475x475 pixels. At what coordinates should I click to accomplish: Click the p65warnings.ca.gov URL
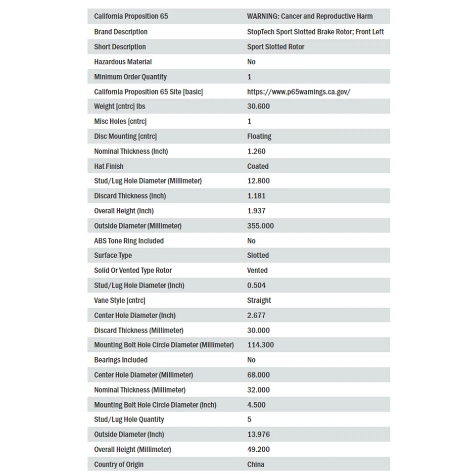[298, 92]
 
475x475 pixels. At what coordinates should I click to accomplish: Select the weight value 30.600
[258, 106]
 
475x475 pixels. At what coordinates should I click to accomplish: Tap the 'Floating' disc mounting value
[259, 136]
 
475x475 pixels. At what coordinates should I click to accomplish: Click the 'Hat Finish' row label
[109, 166]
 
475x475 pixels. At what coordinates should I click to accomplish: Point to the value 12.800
[258, 181]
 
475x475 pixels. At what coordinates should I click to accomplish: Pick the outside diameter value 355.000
[260, 226]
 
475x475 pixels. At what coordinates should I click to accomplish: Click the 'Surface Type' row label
[113, 255]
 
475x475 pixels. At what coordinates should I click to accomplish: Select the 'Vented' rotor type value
[257, 270]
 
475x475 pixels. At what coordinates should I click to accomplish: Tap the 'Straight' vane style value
[259, 300]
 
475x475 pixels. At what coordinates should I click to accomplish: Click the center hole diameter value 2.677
[256, 315]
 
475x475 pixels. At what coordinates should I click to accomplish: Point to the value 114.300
[260, 345]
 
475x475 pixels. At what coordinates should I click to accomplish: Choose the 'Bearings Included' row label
[121, 360]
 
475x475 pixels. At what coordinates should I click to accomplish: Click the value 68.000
[258, 375]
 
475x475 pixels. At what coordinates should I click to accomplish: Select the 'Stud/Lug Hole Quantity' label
[129, 419]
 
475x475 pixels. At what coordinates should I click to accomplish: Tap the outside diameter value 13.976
[258, 434]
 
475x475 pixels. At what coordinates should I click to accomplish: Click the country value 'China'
[256, 464]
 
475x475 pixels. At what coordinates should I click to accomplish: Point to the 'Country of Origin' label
[119, 464]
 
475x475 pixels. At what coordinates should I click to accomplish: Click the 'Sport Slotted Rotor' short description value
[276, 47]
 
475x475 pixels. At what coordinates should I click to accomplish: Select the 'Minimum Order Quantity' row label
[131, 77]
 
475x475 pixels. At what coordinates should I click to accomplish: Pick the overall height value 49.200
[258, 449]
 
